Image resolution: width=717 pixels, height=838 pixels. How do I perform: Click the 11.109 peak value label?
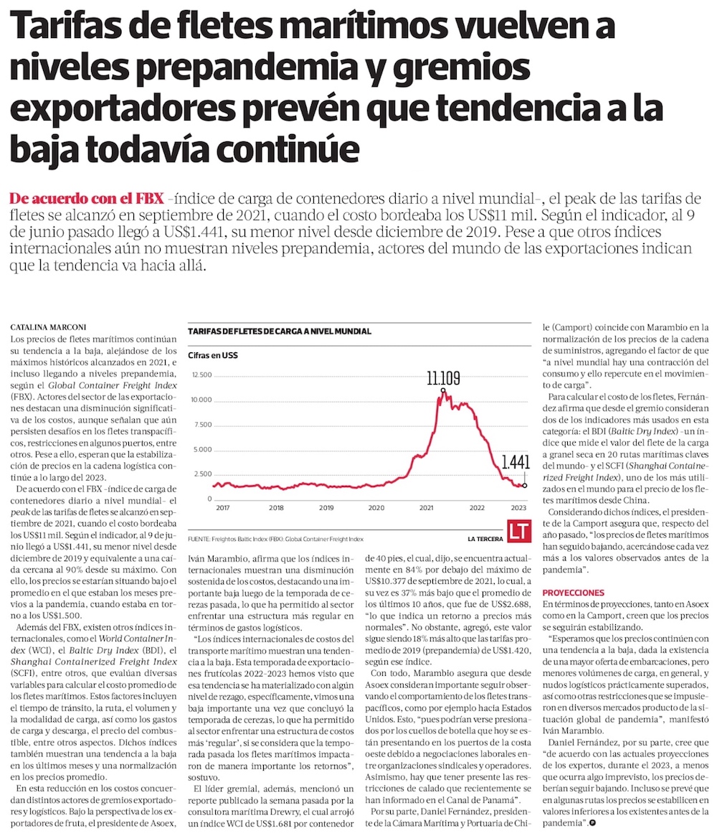pyautogui.click(x=443, y=378)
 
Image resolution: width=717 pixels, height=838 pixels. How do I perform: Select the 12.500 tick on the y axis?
pyautogui.click(x=202, y=375)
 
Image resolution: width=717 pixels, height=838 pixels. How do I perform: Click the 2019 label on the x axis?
pyautogui.click(x=326, y=507)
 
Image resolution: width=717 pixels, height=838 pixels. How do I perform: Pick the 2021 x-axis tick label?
pyautogui.click(x=427, y=507)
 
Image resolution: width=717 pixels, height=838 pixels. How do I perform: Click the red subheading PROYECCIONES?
pyautogui.click(x=574, y=593)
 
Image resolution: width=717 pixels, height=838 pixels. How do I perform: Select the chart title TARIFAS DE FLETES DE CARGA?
pyautogui.click(x=280, y=331)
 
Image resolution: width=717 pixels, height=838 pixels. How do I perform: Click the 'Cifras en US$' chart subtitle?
pyautogui.click(x=213, y=355)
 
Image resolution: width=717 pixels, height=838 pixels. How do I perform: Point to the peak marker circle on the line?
pyautogui.click(x=443, y=391)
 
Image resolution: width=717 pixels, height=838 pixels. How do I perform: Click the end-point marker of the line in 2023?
pyautogui.click(x=526, y=486)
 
